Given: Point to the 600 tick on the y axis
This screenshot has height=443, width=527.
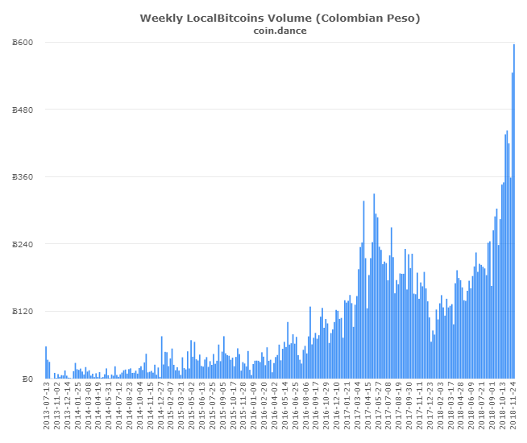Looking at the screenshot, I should click(23, 42).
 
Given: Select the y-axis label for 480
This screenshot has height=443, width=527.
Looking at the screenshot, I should click(23, 110).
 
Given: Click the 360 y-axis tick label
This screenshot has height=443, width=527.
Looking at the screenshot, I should click(23, 176).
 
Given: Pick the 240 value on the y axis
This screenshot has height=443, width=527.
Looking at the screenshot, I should click(23, 244).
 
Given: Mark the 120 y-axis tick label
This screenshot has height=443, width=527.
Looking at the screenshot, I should click(23, 311).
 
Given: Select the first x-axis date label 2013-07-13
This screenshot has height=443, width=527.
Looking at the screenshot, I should click(46, 408).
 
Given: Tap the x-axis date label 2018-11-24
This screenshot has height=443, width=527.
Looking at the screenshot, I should click(512, 408).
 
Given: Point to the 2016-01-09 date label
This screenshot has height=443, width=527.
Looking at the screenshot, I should click(254, 408).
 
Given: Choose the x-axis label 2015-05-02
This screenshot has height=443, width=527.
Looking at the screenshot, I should click(192, 408).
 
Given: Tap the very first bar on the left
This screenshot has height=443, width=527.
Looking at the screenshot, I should click(46, 362).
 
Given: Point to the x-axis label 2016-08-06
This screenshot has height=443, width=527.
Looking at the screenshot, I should click(306, 408).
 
